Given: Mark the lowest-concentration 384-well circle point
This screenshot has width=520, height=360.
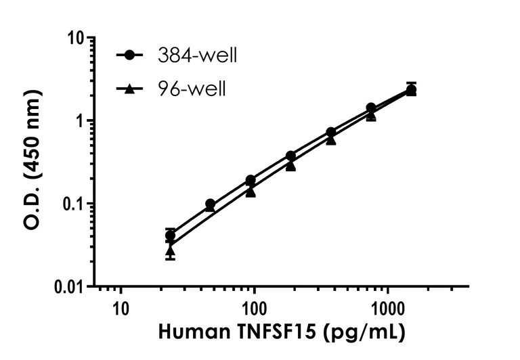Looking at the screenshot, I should point(171,235).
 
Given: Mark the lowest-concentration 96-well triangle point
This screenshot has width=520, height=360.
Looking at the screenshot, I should point(171,250).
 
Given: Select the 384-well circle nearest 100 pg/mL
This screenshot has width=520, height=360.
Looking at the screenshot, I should point(251,180).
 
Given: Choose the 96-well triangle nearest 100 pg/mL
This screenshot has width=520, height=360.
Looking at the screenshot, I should point(251,192).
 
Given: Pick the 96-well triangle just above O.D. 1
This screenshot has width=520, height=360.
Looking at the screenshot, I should point(371,116).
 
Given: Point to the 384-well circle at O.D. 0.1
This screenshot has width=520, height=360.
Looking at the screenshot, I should point(211,204).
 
